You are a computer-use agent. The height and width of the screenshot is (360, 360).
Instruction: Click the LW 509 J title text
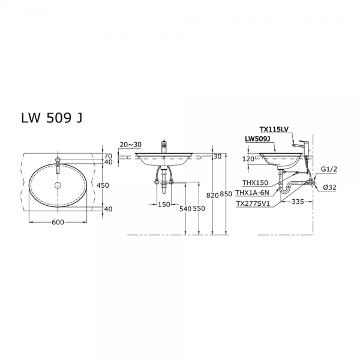coord(52,118)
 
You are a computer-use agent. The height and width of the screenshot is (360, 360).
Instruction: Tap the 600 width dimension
coord(58,222)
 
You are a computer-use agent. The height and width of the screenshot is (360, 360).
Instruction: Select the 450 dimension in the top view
coord(103,185)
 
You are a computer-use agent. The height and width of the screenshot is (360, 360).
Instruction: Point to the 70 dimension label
coord(108,157)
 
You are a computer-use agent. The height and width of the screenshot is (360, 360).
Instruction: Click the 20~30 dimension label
coord(131,145)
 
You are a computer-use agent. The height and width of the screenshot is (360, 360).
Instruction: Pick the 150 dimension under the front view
coord(164,204)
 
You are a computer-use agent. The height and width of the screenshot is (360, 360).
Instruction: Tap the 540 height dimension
coord(185,209)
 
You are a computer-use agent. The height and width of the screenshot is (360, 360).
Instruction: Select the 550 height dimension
coord(199,209)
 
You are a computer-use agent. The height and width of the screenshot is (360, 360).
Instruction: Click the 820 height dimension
coord(212,196)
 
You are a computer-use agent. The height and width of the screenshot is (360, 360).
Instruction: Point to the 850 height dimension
coord(226,194)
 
